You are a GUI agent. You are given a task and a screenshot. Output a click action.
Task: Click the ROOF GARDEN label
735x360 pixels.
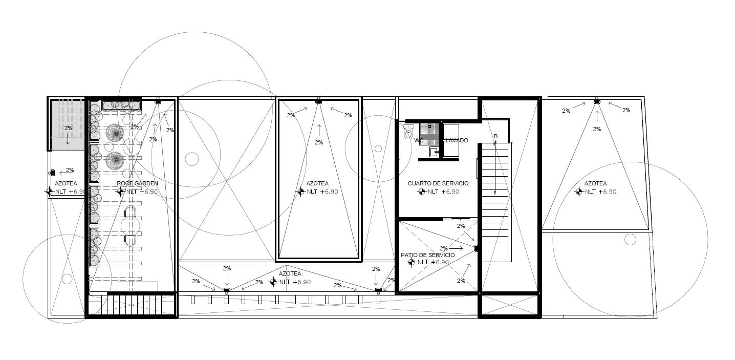point(137,183)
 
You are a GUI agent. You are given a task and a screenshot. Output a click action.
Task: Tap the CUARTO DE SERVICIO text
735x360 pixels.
point(438,183)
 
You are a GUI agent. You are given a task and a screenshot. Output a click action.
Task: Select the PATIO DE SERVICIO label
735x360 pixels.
point(427,255)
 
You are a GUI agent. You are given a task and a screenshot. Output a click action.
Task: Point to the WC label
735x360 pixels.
point(418,140)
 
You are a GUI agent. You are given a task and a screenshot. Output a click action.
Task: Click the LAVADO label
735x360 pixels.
point(457,140)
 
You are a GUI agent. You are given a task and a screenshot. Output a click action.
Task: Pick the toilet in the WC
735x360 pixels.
point(408,132)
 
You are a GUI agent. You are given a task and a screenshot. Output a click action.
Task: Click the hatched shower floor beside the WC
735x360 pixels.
point(429,134)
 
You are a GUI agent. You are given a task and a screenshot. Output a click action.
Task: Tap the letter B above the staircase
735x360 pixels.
point(495,136)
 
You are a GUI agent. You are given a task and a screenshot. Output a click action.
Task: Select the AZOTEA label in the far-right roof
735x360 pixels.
point(595,183)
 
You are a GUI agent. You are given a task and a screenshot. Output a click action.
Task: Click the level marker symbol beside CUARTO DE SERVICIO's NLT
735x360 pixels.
point(422,192)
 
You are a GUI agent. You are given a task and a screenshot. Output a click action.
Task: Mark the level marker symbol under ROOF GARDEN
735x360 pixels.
point(120,192)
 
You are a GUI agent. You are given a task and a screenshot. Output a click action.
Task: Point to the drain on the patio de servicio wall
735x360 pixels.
point(476,249)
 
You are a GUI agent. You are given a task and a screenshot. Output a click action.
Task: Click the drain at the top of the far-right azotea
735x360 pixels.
point(597,102)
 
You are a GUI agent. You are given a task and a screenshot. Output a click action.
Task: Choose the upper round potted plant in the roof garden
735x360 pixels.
point(115,133)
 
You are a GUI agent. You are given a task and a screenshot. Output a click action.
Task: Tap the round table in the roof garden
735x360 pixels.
point(131,226)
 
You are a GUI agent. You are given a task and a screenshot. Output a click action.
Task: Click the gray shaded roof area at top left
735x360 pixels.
point(67,125)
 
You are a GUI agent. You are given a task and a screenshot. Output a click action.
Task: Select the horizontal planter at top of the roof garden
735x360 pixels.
point(121,105)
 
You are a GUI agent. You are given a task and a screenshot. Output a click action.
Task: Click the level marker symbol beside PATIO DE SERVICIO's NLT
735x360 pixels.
point(411,262)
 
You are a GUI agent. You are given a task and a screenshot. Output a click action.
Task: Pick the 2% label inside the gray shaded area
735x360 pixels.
point(68,129)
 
